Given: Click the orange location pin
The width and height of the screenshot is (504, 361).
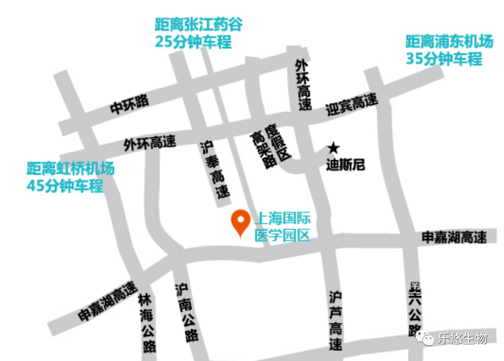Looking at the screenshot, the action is click(241, 222).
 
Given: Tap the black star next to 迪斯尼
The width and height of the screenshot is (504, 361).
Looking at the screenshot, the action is click(333, 149).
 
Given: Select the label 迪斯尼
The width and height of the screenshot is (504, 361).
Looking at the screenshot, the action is click(345, 165).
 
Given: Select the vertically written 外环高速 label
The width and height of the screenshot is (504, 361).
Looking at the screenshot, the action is click(303, 85).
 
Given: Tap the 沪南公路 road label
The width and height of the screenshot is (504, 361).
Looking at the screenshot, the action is click(186, 313).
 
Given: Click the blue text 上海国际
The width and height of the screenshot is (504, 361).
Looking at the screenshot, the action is click(283, 219).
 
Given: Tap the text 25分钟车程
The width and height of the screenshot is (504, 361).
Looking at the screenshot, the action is click(193, 42).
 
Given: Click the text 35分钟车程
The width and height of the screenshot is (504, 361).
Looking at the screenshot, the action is click(444, 59).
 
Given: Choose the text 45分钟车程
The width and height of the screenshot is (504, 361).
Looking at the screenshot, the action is click(64, 185).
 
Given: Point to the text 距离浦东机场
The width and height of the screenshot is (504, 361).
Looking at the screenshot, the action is click(449, 42).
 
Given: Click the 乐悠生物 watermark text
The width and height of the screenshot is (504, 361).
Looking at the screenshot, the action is click(461, 339).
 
